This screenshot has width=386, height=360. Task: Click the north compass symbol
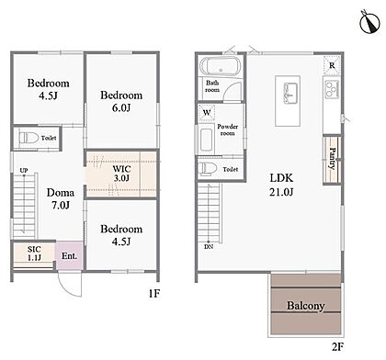click(370, 22)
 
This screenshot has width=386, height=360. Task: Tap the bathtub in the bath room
click(221, 66)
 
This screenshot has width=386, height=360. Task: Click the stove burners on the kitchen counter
click(332, 89)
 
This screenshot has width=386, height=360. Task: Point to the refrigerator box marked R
click(332, 65)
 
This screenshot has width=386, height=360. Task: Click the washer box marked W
click(207, 113)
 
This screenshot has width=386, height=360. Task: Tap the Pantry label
click(333, 159)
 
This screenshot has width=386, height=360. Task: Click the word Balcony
click(305, 306)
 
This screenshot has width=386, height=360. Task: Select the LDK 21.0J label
click(281, 185)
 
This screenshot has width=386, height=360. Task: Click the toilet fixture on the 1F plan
click(28, 138)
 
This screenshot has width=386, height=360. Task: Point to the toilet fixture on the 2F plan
click(207, 168)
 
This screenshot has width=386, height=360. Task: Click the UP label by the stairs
click(24, 170)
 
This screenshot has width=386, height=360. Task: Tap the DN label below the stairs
click(209, 246)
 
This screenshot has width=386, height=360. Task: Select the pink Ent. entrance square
click(69, 255)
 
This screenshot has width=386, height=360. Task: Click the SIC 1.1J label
click(34, 253)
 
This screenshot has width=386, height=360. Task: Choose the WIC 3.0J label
click(121, 174)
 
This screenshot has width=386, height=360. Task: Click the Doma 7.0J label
click(61, 199)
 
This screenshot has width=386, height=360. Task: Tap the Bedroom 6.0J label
click(121, 101)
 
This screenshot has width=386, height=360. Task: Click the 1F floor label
click(154, 294)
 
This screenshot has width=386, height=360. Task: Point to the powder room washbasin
click(206, 140)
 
